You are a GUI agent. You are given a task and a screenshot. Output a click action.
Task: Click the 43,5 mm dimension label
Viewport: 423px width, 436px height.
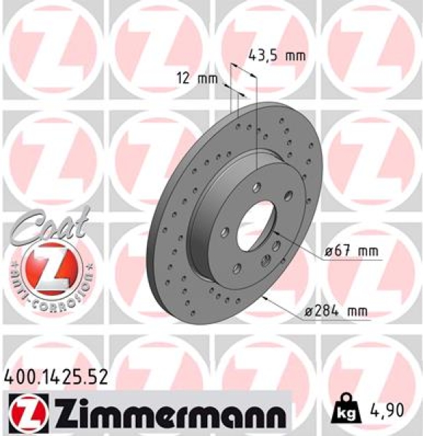click(277, 54)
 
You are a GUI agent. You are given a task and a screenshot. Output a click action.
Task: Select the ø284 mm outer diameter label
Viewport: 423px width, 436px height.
click(335, 311)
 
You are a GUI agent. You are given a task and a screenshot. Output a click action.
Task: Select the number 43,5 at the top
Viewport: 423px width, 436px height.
click(265, 54)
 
